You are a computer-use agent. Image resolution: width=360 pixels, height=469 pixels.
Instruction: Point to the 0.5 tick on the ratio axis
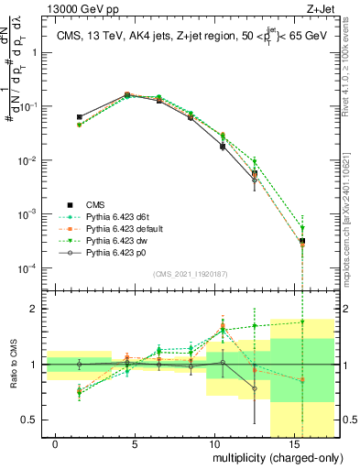point(31,420)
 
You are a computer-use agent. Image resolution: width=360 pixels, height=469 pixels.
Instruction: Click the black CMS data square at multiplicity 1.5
point(80,117)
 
